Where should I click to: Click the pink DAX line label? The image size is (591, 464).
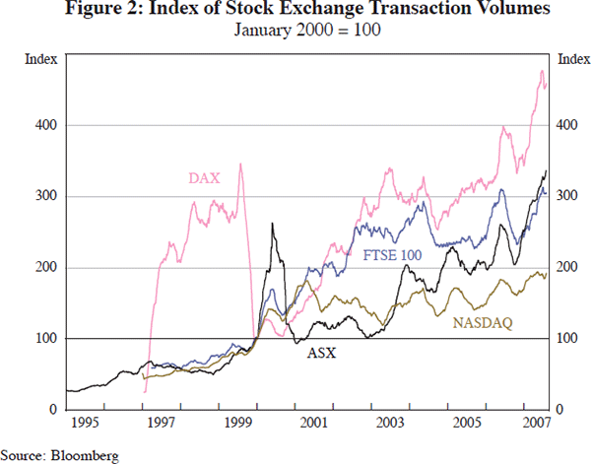tap(204, 178)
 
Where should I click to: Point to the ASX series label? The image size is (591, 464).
tap(322, 352)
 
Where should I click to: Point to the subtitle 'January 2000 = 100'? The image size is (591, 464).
tap(295, 31)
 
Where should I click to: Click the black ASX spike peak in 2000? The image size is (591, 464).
tap(271, 225)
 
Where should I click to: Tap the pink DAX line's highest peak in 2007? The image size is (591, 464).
tap(541, 71)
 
